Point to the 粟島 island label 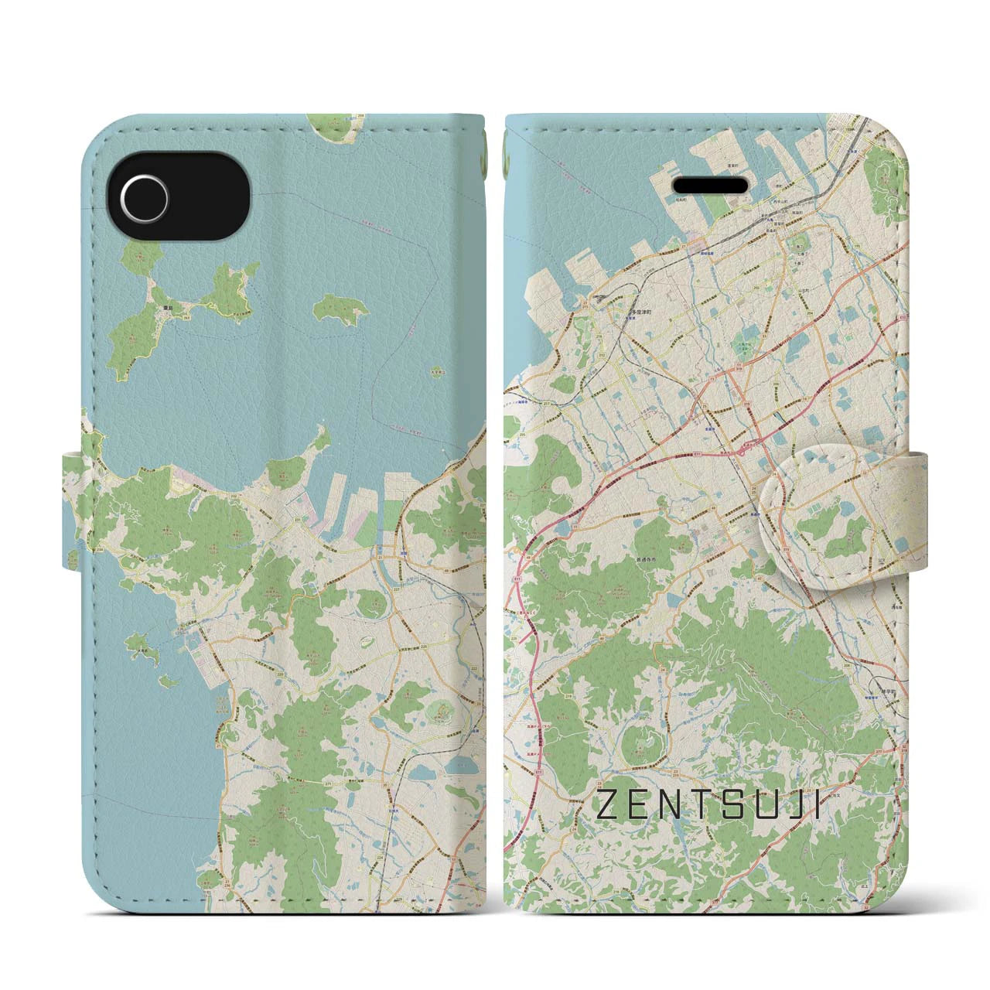point(158,306)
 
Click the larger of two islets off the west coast point(142,644)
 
